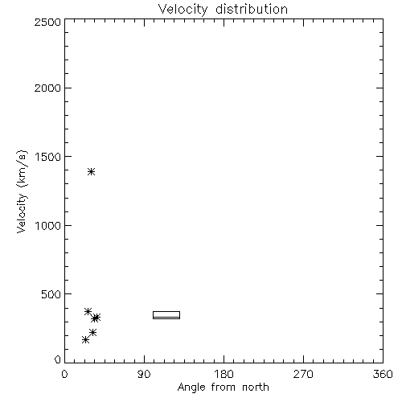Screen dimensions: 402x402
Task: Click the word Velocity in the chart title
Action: (183, 10)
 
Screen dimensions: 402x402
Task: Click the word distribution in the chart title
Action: (252, 9)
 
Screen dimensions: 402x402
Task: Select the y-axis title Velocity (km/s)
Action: (22, 191)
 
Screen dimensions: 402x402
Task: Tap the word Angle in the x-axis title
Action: (191, 388)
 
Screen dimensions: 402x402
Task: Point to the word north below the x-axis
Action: (256, 387)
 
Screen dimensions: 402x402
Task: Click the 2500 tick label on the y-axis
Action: (47, 22)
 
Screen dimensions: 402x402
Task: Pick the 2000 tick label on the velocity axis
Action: (47, 88)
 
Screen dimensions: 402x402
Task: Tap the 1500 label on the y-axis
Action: (48, 157)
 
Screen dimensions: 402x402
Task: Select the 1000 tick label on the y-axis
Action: (48, 225)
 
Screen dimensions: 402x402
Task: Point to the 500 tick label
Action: (51, 294)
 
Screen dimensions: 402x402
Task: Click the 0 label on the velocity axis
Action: (58, 359)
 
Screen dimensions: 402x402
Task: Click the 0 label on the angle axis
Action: (64, 374)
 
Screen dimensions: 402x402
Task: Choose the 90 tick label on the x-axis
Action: (144, 374)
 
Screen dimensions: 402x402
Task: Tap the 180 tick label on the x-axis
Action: (224, 374)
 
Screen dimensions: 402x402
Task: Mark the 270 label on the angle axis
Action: (303, 374)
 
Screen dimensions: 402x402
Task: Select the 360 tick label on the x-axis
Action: (383, 374)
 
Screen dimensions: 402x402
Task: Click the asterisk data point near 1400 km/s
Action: (92, 171)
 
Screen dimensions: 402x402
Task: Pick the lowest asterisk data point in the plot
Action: (85, 340)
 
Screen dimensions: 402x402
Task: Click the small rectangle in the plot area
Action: (166, 312)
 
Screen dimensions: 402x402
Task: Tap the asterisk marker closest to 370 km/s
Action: (88, 311)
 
